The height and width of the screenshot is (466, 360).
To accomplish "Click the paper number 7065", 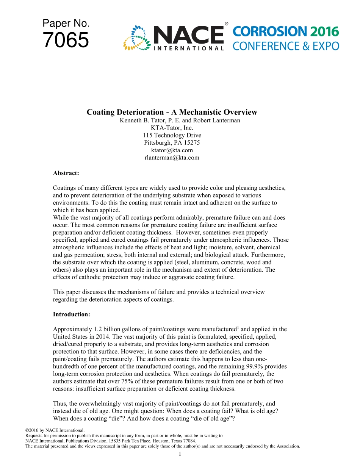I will [x=66, y=41].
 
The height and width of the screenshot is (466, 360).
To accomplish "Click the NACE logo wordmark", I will [x=188, y=35].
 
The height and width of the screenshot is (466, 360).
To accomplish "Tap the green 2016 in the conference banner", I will [x=325, y=32].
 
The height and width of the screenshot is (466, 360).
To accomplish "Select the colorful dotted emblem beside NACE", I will [x=136, y=38].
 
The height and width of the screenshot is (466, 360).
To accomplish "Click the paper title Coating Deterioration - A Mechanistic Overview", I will [x=172, y=112].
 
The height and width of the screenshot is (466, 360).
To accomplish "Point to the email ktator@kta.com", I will [x=172, y=150].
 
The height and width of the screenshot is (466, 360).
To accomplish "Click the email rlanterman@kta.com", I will [x=172, y=158].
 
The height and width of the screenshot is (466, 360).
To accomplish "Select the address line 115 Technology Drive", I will [x=172, y=135].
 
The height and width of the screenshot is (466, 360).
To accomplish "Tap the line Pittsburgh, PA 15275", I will [x=172, y=143].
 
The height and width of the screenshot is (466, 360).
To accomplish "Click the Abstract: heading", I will [x=66, y=173].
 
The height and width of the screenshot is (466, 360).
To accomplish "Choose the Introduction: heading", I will [x=71, y=314].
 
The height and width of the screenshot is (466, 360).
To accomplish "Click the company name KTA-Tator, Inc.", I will [x=172, y=128].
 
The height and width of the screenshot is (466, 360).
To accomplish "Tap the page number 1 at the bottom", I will [x=180, y=454].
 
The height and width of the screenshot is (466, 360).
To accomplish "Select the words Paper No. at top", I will [x=66, y=23].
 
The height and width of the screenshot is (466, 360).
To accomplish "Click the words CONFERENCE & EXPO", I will [x=286, y=46].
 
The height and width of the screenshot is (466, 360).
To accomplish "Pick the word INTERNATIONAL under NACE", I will [x=188, y=48].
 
